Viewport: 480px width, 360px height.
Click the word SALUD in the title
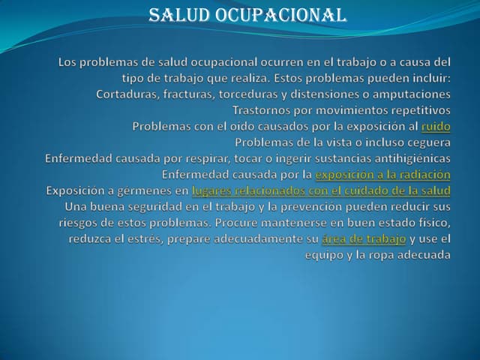tap(179, 15)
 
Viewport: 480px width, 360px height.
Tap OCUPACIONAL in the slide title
tap(280, 15)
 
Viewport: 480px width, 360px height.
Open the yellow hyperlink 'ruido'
tap(436, 127)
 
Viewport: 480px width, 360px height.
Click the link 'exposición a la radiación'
tap(382, 175)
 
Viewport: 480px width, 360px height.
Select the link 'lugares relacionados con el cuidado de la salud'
tap(321, 190)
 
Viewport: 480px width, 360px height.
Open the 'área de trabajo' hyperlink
tap(364, 238)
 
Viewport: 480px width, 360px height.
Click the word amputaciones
tap(411, 94)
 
